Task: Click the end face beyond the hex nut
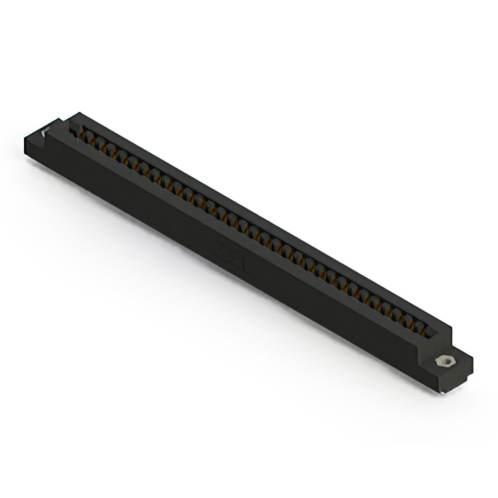coord(465,371)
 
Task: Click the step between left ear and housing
coord(61,128)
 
